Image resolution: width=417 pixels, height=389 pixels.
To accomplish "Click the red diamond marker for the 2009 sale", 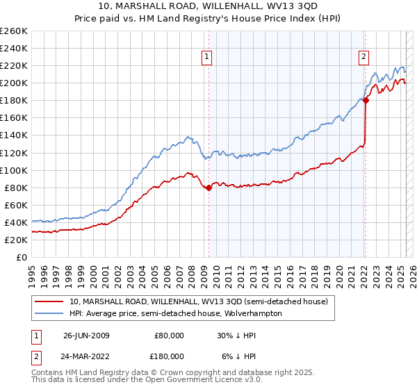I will pyautogui.click(x=208, y=187).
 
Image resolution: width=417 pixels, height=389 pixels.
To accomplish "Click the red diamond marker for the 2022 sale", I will pyautogui.click(x=366, y=100).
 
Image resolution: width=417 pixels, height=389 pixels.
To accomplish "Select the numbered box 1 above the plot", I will pyautogui.click(x=208, y=58).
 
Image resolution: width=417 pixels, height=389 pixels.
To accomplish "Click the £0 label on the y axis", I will pyautogui.click(x=21, y=257).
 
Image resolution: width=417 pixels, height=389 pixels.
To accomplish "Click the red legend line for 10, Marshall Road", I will pyautogui.click(x=50, y=301).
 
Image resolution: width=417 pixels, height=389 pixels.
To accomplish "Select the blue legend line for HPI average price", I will pyautogui.click(x=50, y=313).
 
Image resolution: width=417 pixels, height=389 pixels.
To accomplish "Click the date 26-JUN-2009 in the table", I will pyautogui.click(x=86, y=336).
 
